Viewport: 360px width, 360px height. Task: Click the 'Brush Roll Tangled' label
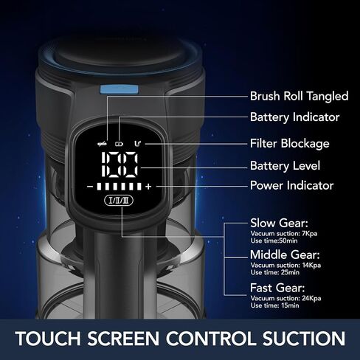[x=299, y=96]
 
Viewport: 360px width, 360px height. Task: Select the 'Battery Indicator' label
[x=294, y=117]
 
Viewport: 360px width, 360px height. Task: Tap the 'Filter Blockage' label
[x=289, y=144]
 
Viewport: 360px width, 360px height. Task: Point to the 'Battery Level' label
[x=285, y=166]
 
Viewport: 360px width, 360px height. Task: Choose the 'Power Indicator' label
[x=291, y=185]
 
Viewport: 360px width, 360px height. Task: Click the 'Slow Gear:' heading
[x=279, y=224]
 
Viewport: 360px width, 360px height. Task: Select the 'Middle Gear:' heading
[x=285, y=255]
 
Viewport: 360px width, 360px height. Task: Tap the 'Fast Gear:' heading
[x=277, y=288]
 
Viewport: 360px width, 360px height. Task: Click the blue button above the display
[x=119, y=89]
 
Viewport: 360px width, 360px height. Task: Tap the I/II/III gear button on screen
[x=119, y=201]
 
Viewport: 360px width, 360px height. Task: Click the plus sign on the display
[x=148, y=187]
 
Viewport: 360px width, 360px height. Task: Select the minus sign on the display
[x=90, y=187]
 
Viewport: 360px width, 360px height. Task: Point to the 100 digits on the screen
[x=120, y=165]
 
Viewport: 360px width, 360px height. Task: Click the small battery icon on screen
[x=120, y=144]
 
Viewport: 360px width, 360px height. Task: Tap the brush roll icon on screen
[x=102, y=144]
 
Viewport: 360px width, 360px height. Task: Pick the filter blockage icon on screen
[x=138, y=143]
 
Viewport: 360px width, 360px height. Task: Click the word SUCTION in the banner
[x=304, y=339]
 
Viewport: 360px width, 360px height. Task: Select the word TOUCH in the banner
[x=48, y=339]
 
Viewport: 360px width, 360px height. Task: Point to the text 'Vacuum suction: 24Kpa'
[x=285, y=298]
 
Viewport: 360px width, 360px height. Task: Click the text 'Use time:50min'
[x=274, y=240]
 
